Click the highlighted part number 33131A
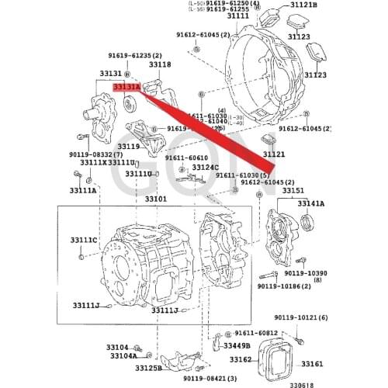[x=126, y=88]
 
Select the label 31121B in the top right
[x=303, y=5]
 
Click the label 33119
[x=129, y=145]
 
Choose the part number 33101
[x=155, y=199]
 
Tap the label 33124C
[x=206, y=167]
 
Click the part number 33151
[x=293, y=190]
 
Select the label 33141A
[x=312, y=203]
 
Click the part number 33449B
[x=235, y=345]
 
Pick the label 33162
[x=241, y=360]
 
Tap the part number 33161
[x=312, y=364]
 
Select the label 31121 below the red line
[x=274, y=154]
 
